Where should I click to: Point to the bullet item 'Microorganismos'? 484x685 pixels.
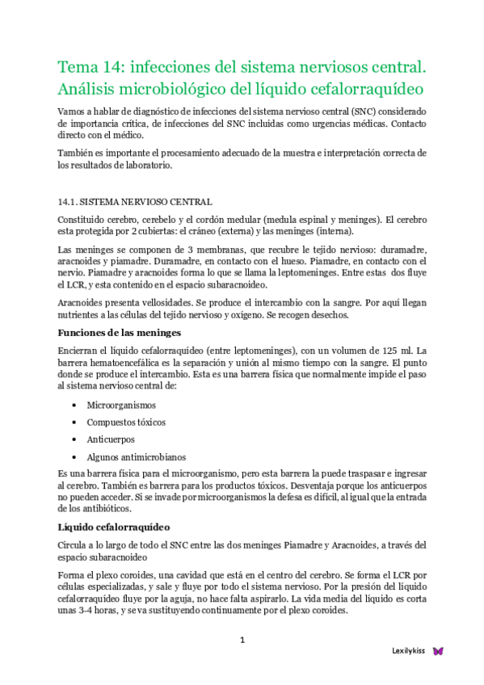pos(122,405)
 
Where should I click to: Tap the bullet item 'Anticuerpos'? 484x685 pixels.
pos(112,440)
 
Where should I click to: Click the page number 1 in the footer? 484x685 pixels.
pos(242,641)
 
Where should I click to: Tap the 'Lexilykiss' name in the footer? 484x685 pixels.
pos(408,650)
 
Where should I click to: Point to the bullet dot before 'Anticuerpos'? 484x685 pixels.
pos(74,440)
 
